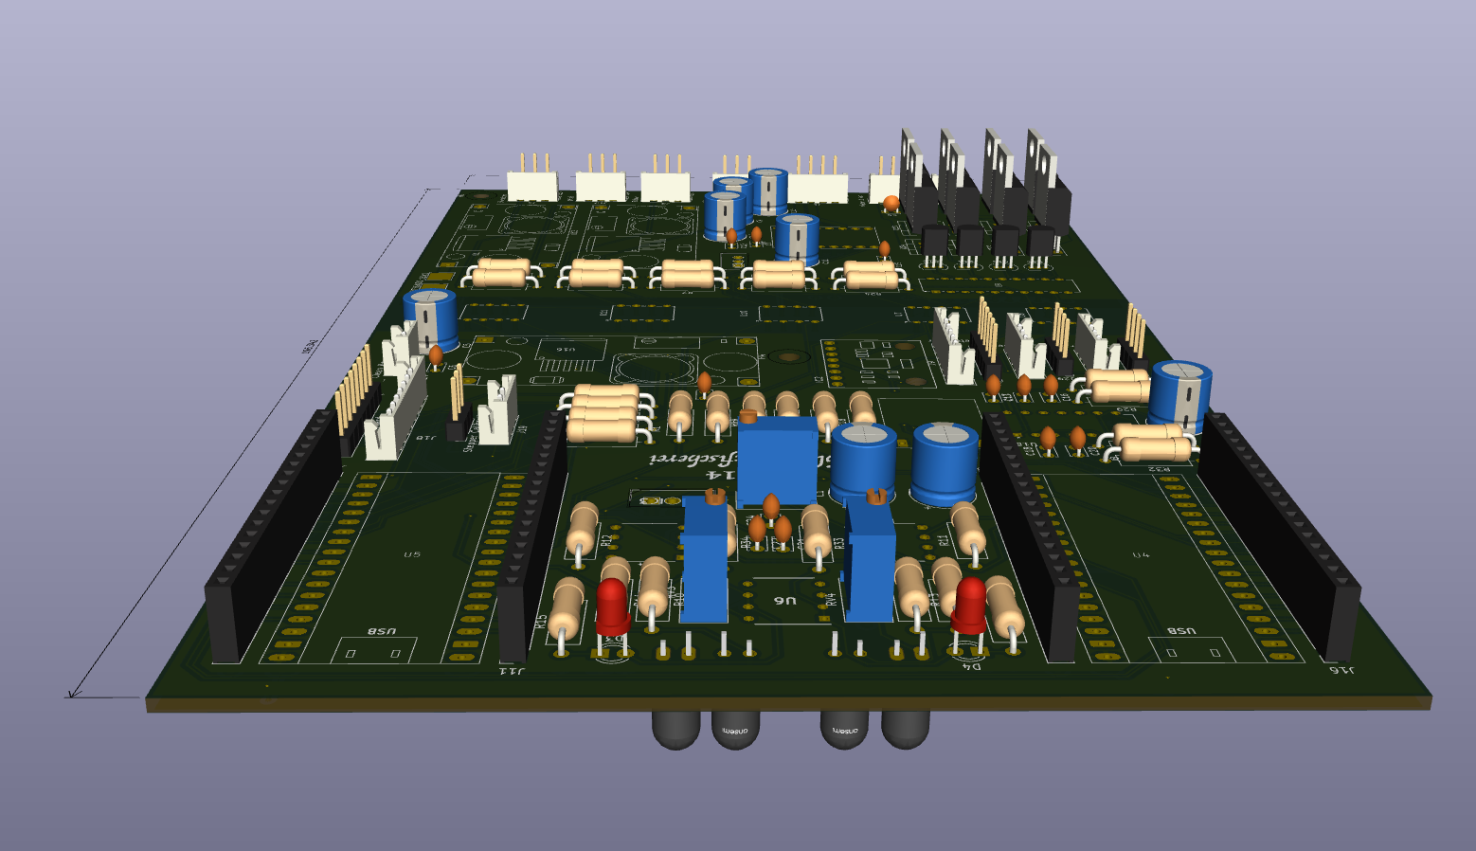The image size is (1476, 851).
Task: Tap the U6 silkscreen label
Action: pos(785,601)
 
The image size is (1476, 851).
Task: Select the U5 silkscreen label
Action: pos(411,554)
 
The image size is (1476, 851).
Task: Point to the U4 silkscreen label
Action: pos(1141,554)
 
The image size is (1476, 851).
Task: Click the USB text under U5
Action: pos(381,631)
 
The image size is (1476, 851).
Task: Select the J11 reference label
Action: pos(512,671)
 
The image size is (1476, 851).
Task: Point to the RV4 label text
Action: pos(832,598)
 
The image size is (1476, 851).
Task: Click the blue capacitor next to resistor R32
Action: pos(1179,393)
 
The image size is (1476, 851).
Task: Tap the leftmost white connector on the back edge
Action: pos(531,185)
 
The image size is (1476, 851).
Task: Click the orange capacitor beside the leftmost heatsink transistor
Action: pos(891,202)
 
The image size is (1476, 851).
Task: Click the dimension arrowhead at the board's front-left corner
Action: pos(70,696)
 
